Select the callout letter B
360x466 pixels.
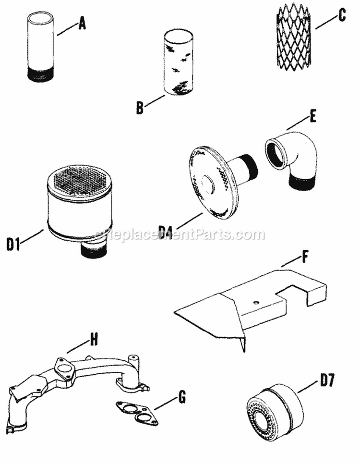tap(140, 109)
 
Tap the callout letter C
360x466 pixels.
tap(341, 15)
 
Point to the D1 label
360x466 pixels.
tap(13, 245)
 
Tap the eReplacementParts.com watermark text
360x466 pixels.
tap(180, 235)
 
